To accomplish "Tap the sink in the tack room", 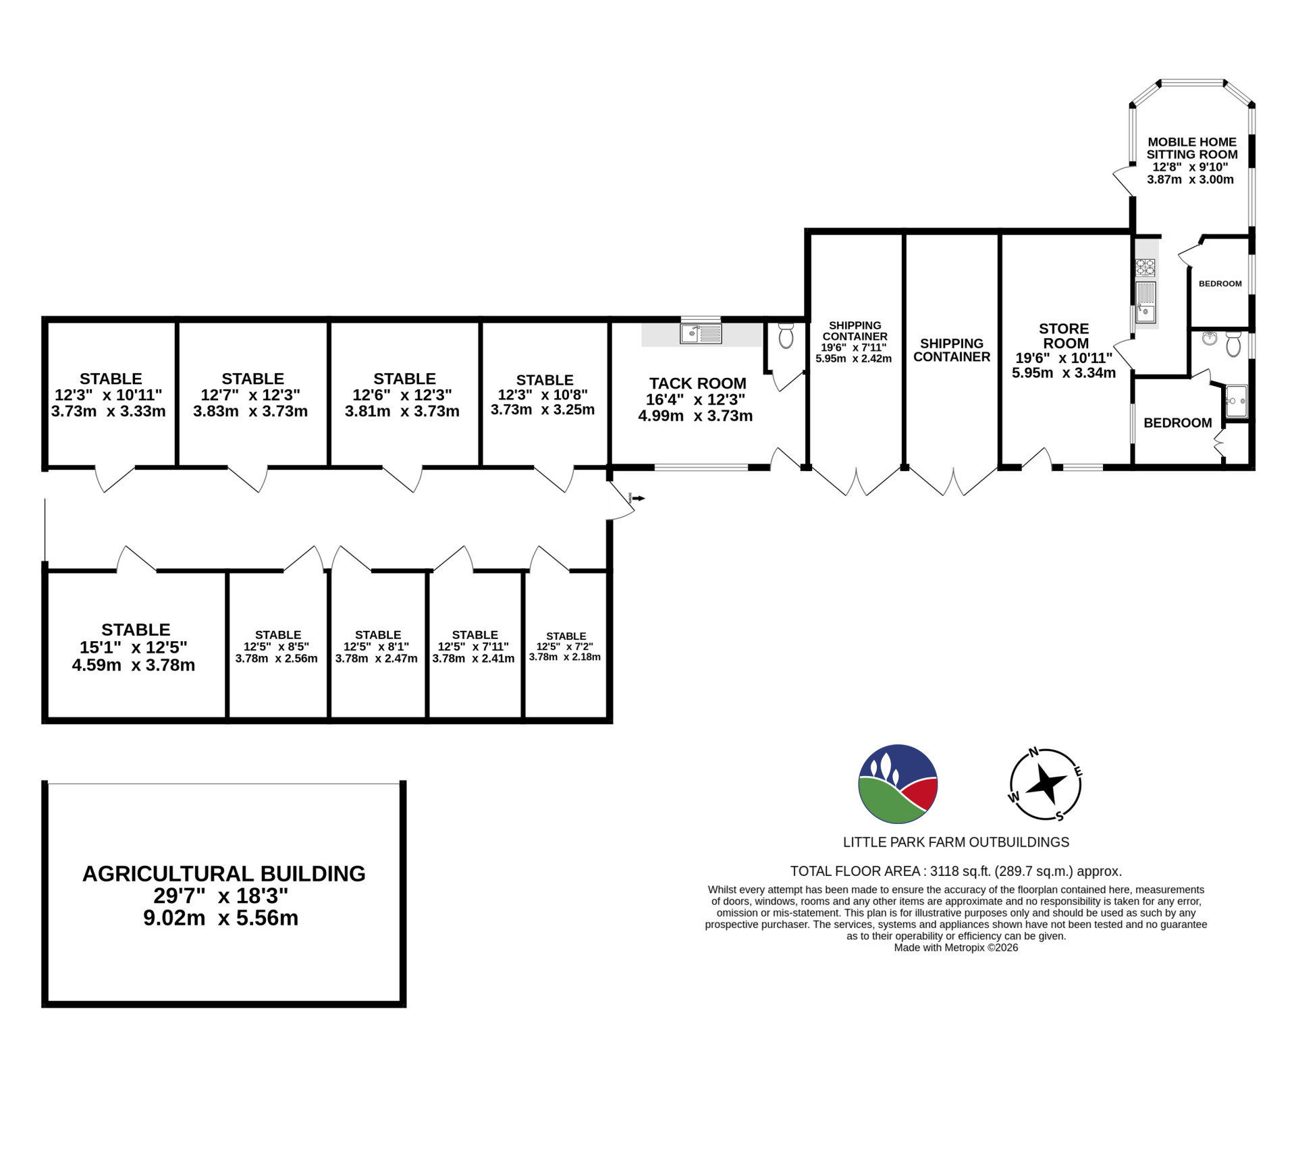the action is [701, 333].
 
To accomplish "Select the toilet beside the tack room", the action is [786, 335].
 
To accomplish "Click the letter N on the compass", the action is [1033, 752].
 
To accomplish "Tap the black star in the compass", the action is [1046, 784].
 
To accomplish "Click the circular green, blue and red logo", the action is [898, 784].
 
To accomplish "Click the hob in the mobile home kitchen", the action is [1145, 267].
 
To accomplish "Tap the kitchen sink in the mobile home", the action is [1145, 302].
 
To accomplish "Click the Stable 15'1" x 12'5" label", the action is [135, 647].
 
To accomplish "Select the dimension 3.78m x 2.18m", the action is [565, 657].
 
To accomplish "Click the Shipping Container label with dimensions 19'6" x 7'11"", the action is [854, 341].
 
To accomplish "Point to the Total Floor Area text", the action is [956, 871].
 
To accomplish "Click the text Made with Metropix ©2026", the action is [956, 947].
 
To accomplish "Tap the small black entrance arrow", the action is [638, 498].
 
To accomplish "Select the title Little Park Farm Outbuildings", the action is [956, 842].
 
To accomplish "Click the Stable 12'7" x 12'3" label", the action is [252, 395].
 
